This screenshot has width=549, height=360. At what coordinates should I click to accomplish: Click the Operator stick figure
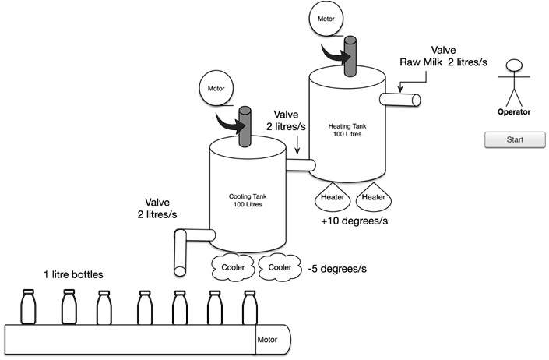point(513,82)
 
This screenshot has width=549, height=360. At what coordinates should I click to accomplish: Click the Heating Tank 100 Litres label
point(350,130)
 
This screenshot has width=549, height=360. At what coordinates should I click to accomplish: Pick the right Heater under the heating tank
point(374,198)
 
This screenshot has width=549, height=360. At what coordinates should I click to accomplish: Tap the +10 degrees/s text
point(354,221)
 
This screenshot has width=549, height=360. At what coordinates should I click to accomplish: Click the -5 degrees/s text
point(337,269)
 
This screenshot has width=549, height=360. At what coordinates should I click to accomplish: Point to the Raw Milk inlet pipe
point(401,100)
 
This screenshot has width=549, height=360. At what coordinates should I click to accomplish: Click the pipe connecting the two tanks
point(300,164)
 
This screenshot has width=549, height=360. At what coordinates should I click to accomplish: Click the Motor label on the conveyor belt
point(267,340)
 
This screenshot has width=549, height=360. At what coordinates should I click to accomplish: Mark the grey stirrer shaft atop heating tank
point(347,55)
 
